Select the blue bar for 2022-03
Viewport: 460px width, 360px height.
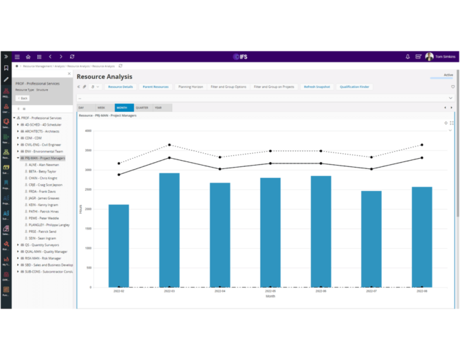[169, 229]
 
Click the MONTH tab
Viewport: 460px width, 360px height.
[122, 108]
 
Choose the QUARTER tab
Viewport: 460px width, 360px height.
[142, 108]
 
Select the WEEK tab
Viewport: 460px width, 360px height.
[101, 108]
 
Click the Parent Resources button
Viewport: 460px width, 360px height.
[155, 87]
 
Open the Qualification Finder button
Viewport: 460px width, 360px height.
[354, 87]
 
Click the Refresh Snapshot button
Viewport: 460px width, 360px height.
[317, 87]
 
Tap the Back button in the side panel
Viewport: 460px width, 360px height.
[23, 98]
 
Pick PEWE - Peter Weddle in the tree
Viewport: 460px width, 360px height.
[43, 218]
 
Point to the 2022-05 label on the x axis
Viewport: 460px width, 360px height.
[270, 291]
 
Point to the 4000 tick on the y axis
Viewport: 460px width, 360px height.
[87, 131]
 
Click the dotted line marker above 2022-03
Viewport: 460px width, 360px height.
[169, 145]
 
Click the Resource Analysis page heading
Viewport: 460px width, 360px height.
[105, 77]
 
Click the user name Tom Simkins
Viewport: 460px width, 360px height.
[445, 56]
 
